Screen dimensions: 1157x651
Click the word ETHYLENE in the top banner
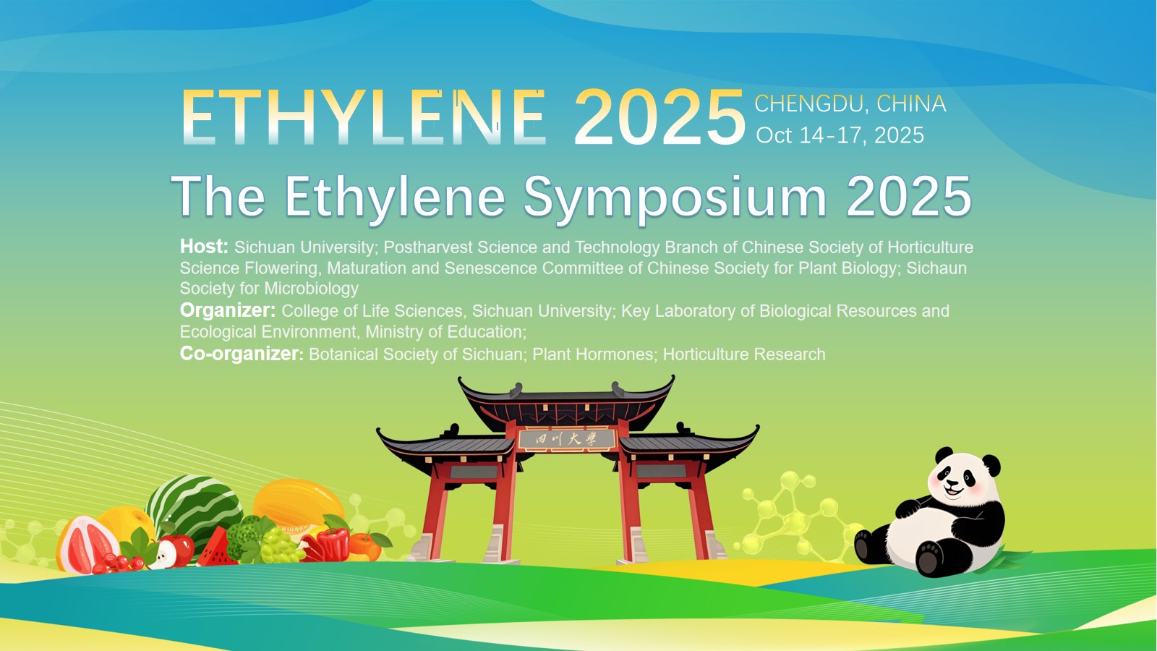point(364,117)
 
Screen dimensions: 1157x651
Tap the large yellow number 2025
point(659,117)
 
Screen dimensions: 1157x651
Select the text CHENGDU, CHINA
point(850,104)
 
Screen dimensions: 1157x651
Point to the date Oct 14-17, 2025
point(840,135)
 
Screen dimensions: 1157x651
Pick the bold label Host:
point(204,247)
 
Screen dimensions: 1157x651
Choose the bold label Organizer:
point(228,310)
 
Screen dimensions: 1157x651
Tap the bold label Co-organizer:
point(242,354)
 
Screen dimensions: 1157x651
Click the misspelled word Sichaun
point(936,268)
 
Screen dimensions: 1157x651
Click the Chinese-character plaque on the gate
point(567,440)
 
